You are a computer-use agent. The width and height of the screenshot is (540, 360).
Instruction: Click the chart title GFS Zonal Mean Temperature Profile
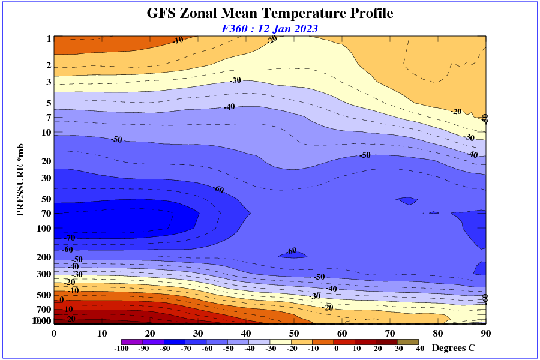click(270, 13)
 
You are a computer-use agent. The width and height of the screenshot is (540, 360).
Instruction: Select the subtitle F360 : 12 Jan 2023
click(269, 28)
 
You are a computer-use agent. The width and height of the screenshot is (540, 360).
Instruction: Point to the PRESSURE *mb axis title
click(20, 180)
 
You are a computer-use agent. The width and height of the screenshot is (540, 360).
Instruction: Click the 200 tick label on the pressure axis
click(44, 257)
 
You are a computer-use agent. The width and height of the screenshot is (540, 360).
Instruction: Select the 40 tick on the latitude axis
click(246, 334)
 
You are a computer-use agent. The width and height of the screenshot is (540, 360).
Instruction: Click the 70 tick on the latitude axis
click(390, 334)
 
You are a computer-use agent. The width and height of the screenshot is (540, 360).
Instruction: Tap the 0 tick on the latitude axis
click(54, 334)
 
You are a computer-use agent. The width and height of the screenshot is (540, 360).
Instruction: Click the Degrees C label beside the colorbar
click(454, 348)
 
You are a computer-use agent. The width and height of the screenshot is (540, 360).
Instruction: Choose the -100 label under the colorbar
click(122, 349)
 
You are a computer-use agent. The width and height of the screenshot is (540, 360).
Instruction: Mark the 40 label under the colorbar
click(420, 349)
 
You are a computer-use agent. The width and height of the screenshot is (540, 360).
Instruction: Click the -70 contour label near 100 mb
click(70, 238)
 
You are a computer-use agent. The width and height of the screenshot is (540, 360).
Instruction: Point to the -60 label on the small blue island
click(291, 251)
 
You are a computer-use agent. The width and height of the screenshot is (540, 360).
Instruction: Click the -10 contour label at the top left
click(177, 40)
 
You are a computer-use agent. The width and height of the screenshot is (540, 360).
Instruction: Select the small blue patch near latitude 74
click(410, 200)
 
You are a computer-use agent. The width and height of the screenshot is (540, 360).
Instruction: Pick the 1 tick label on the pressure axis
click(48, 39)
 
